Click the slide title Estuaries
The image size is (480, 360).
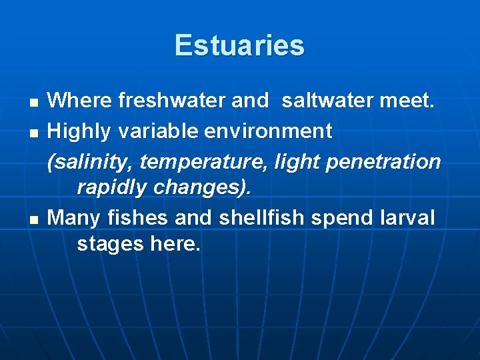239,45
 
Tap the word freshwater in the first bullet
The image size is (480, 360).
172,101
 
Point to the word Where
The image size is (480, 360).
80,101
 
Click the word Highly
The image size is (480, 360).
80,131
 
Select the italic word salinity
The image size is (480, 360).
91,161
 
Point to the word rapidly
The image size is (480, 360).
112,187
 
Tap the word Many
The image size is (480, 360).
75,217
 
